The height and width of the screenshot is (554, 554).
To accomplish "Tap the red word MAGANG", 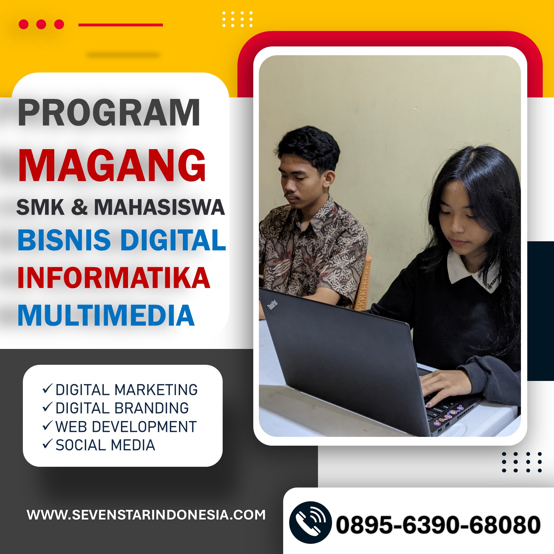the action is pos(112,165).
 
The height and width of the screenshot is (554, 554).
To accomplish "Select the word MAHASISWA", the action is pos(159,207).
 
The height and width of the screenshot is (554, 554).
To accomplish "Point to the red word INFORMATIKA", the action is pos(114,278).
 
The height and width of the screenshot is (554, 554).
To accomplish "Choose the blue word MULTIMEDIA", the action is pos(106,316).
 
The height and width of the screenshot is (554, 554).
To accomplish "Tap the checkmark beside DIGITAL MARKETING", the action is pos(47,389).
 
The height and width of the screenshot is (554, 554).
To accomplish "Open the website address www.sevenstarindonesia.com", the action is pos(146,515).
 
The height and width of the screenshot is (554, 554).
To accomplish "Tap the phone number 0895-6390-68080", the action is pos(438,525).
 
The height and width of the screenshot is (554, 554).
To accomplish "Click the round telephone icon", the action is pos(310,523).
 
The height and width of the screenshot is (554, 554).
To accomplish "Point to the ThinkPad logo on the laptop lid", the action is pos(273,305).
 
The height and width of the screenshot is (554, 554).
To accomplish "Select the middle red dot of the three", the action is pos(41,24).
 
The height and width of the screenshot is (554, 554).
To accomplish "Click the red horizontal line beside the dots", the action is pos(121,25).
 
